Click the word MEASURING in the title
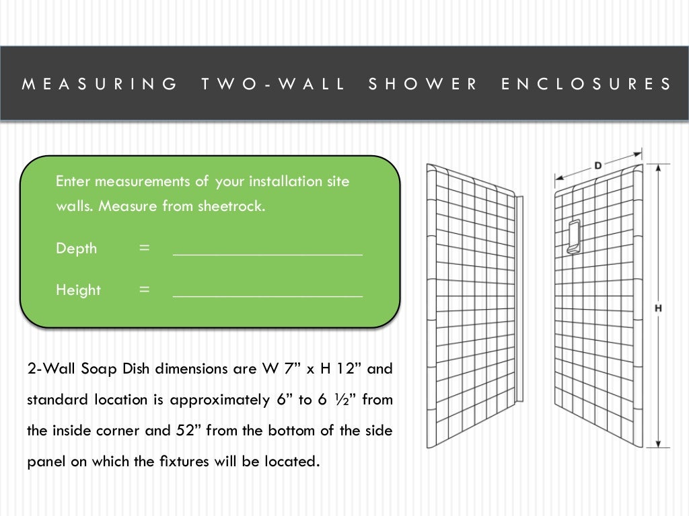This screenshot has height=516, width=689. pyautogui.click(x=100, y=84)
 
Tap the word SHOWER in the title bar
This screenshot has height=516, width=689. pyautogui.click(x=423, y=84)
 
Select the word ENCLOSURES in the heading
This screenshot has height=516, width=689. pyautogui.click(x=587, y=84)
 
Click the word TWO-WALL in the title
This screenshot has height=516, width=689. pyautogui.click(x=273, y=84)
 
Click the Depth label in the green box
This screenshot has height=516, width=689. pyautogui.click(x=76, y=249)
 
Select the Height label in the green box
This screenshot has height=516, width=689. pyautogui.click(x=78, y=290)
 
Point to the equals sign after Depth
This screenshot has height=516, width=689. pyautogui.click(x=144, y=249)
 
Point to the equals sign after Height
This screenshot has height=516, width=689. pyautogui.click(x=144, y=290)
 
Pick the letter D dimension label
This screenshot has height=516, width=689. pyautogui.click(x=597, y=165)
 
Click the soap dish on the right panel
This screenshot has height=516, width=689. pyautogui.click(x=574, y=237)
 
